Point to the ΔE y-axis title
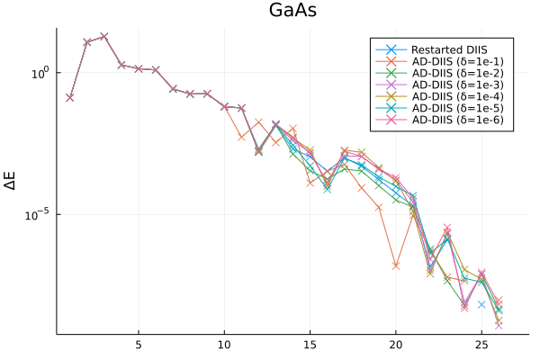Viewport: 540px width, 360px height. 12,181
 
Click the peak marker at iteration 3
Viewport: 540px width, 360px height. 104,36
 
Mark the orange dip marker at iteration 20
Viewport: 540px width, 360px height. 396,265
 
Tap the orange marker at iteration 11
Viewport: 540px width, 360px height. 241,137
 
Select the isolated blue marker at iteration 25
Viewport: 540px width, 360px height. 481,305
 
